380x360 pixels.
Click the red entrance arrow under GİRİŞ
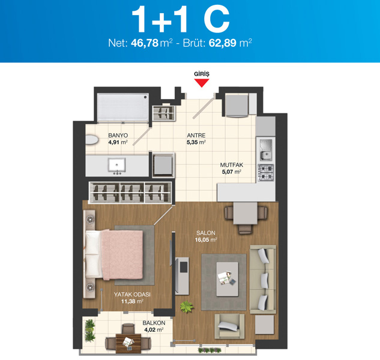pyautogui.click(x=201, y=83)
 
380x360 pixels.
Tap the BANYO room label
pyautogui.click(x=118, y=136)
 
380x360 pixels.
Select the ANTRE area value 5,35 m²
pyautogui.click(x=196, y=142)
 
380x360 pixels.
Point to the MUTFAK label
pyautogui.click(x=232, y=165)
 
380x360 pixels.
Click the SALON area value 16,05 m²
pyautogui.click(x=206, y=240)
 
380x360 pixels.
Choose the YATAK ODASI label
pyautogui.click(x=132, y=295)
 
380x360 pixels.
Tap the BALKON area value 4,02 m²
pyautogui.click(x=154, y=330)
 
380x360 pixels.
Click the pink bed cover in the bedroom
pyautogui.click(x=122, y=254)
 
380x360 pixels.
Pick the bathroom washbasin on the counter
pyautogui.click(x=117, y=165)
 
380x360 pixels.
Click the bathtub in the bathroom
pyautogui.click(x=123, y=107)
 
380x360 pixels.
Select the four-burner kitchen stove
pyautogui.click(x=266, y=172)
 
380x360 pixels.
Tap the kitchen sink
pyautogui.click(x=266, y=150)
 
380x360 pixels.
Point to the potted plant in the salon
pyautogui.click(x=187, y=307)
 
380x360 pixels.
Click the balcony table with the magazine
pyautogui.click(x=128, y=343)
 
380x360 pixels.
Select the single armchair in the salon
pyautogui.click(x=229, y=326)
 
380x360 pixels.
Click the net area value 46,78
pyautogui.click(x=145, y=43)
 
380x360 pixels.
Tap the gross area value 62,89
pyautogui.click(x=223, y=43)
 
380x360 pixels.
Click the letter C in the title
pyautogui.click(x=217, y=19)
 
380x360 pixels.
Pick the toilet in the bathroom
pyautogui.click(x=92, y=140)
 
